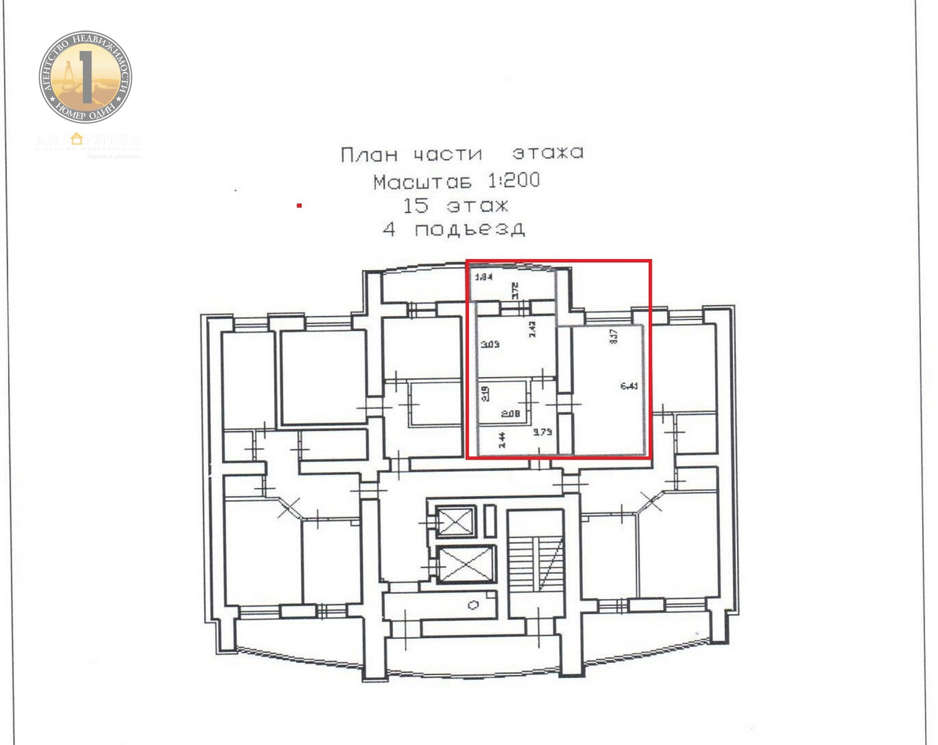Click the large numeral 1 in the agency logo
click(x=86, y=76)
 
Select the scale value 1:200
click(x=514, y=181)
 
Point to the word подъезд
click(x=469, y=229)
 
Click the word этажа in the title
click(x=548, y=153)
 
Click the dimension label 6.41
click(x=629, y=386)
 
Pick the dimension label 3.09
click(x=490, y=344)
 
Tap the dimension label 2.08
click(x=511, y=414)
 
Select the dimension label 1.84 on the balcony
click(x=483, y=277)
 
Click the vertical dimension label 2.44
click(x=502, y=440)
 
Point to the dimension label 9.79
click(x=542, y=432)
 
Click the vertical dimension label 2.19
click(x=485, y=393)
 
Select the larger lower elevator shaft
click(x=466, y=564)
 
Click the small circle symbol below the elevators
click(x=474, y=605)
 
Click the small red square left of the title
click(x=299, y=206)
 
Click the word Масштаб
click(x=422, y=182)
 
